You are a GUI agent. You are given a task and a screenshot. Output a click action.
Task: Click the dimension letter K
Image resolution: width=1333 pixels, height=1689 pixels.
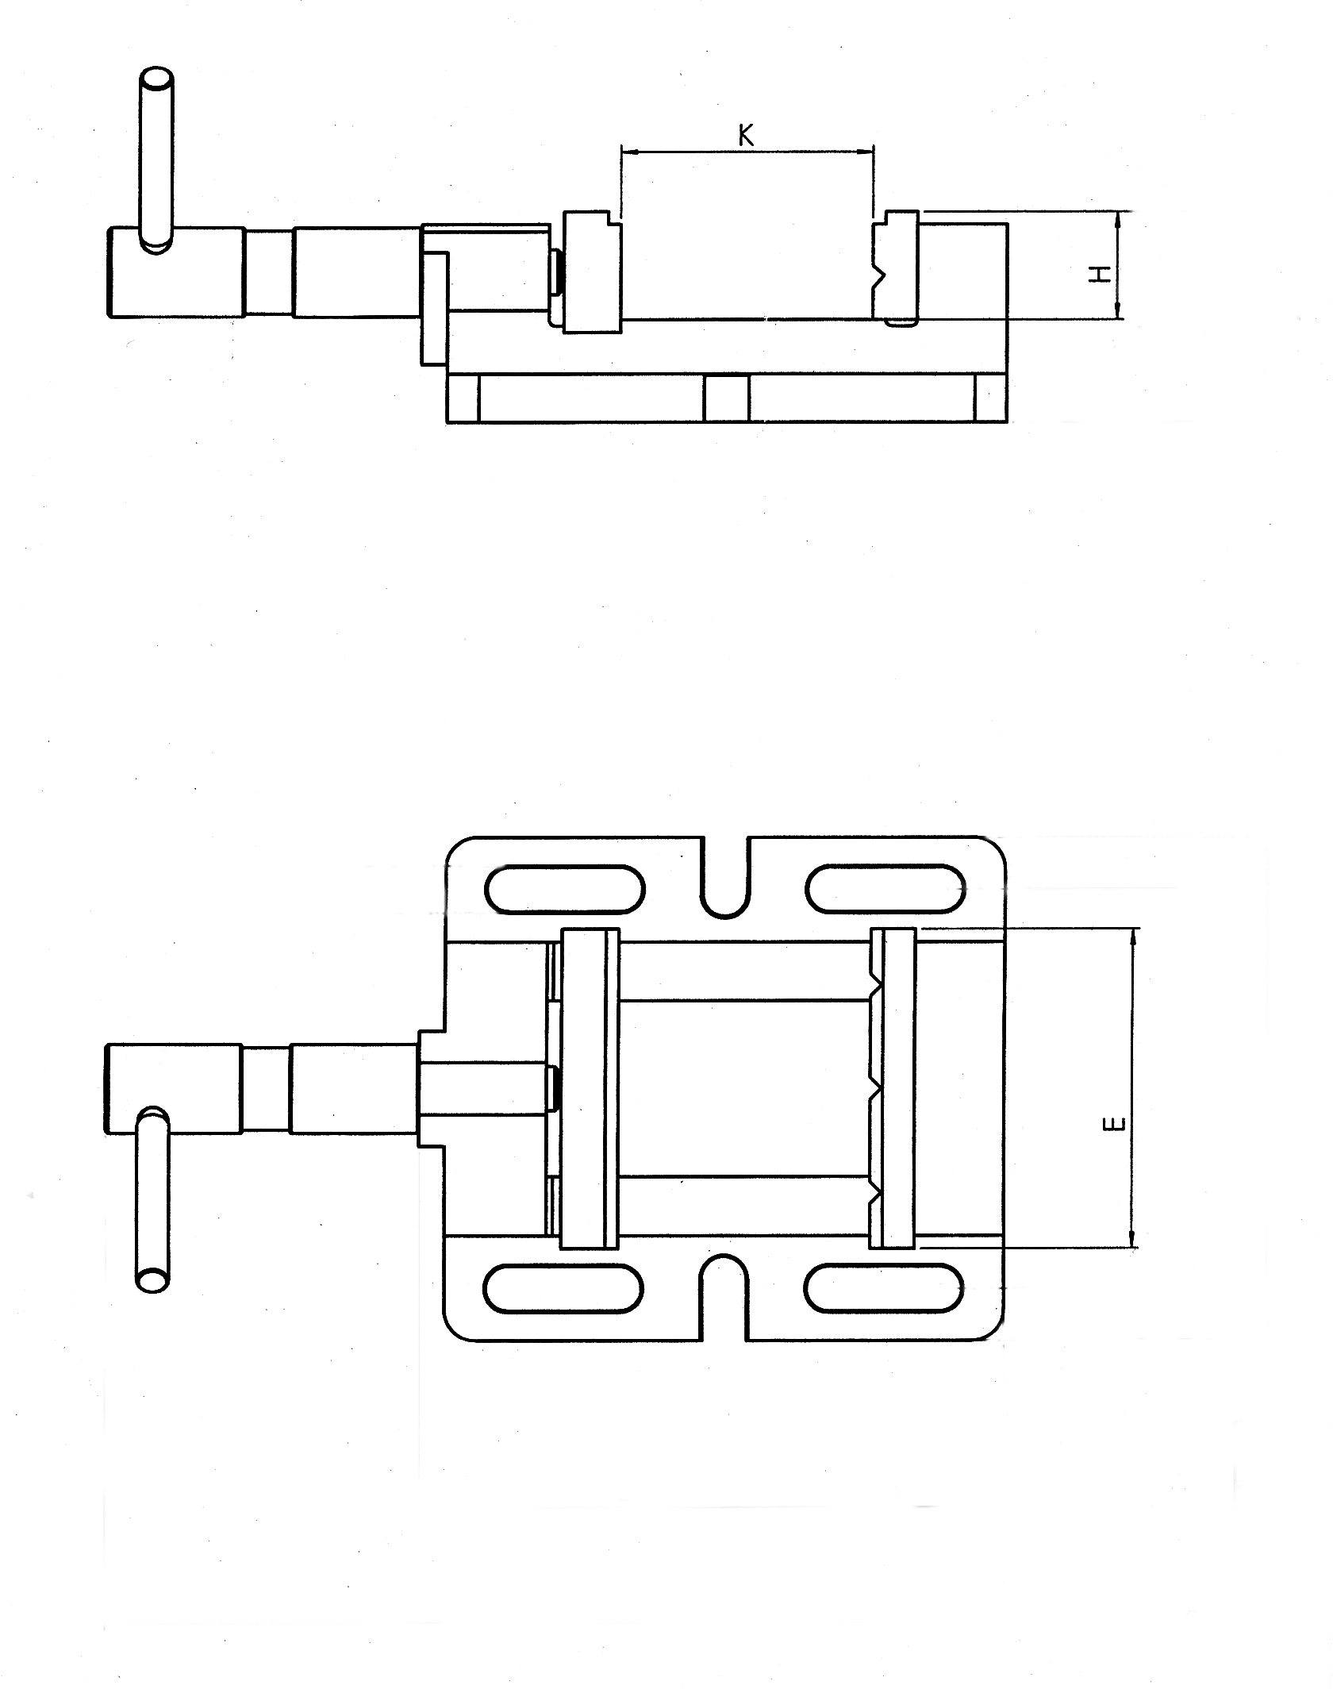coord(746,135)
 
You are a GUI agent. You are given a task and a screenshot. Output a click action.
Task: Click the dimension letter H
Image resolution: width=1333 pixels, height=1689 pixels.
coord(1100,275)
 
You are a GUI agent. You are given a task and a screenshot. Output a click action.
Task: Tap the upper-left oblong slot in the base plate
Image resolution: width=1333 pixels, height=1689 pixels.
coord(564,889)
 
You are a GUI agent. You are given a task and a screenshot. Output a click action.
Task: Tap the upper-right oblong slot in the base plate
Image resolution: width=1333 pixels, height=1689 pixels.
coord(885,887)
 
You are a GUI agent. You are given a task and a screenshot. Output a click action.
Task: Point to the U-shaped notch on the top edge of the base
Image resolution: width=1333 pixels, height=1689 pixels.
coord(725,898)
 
